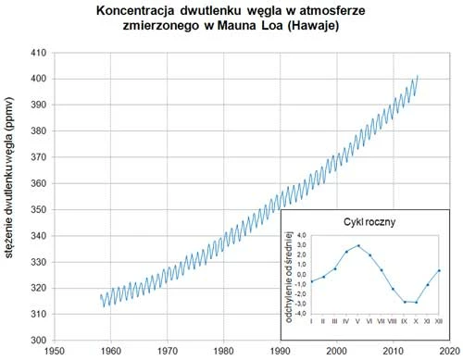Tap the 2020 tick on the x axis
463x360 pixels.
tap(449, 352)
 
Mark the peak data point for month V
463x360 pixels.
tap(358, 245)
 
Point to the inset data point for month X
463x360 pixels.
tap(417, 302)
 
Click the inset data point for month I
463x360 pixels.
tap(312, 281)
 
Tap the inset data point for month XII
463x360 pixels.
tap(439, 270)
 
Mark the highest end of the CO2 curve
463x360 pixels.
tap(418, 76)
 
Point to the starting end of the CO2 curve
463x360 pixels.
tap(100, 297)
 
